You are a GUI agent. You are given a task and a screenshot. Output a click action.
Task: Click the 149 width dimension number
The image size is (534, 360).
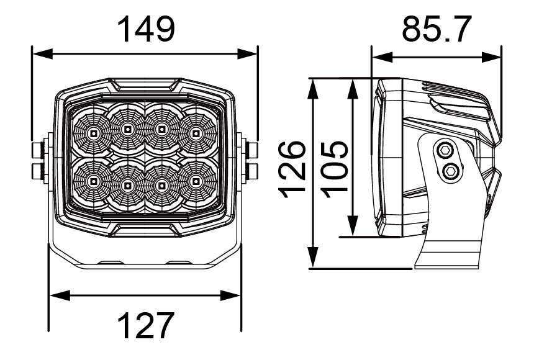pyautogui.click(x=147, y=29)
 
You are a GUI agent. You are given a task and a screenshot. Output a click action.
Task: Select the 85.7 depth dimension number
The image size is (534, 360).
pyautogui.click(x=436, y=29)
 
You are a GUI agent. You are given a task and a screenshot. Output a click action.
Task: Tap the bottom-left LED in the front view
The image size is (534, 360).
pyautogui.click(x=92, y=181)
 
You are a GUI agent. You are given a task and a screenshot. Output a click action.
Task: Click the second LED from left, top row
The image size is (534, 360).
pyautogui.click(x=127, y=130)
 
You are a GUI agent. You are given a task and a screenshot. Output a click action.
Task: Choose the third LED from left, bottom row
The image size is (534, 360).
pyautogui.click(x=162, y=183)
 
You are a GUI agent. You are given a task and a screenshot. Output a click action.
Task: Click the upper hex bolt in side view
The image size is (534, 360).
pyautogui.click(x=445, y=150)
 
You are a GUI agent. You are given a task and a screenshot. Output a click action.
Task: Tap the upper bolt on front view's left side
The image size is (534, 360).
pyautogui.click(x=38, y=149)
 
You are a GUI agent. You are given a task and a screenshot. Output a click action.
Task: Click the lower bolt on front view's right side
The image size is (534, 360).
pyautogui.click(x=252, y=169)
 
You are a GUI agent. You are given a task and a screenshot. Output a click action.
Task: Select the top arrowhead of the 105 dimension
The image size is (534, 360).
pyautogui.click(x=353, y=85)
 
